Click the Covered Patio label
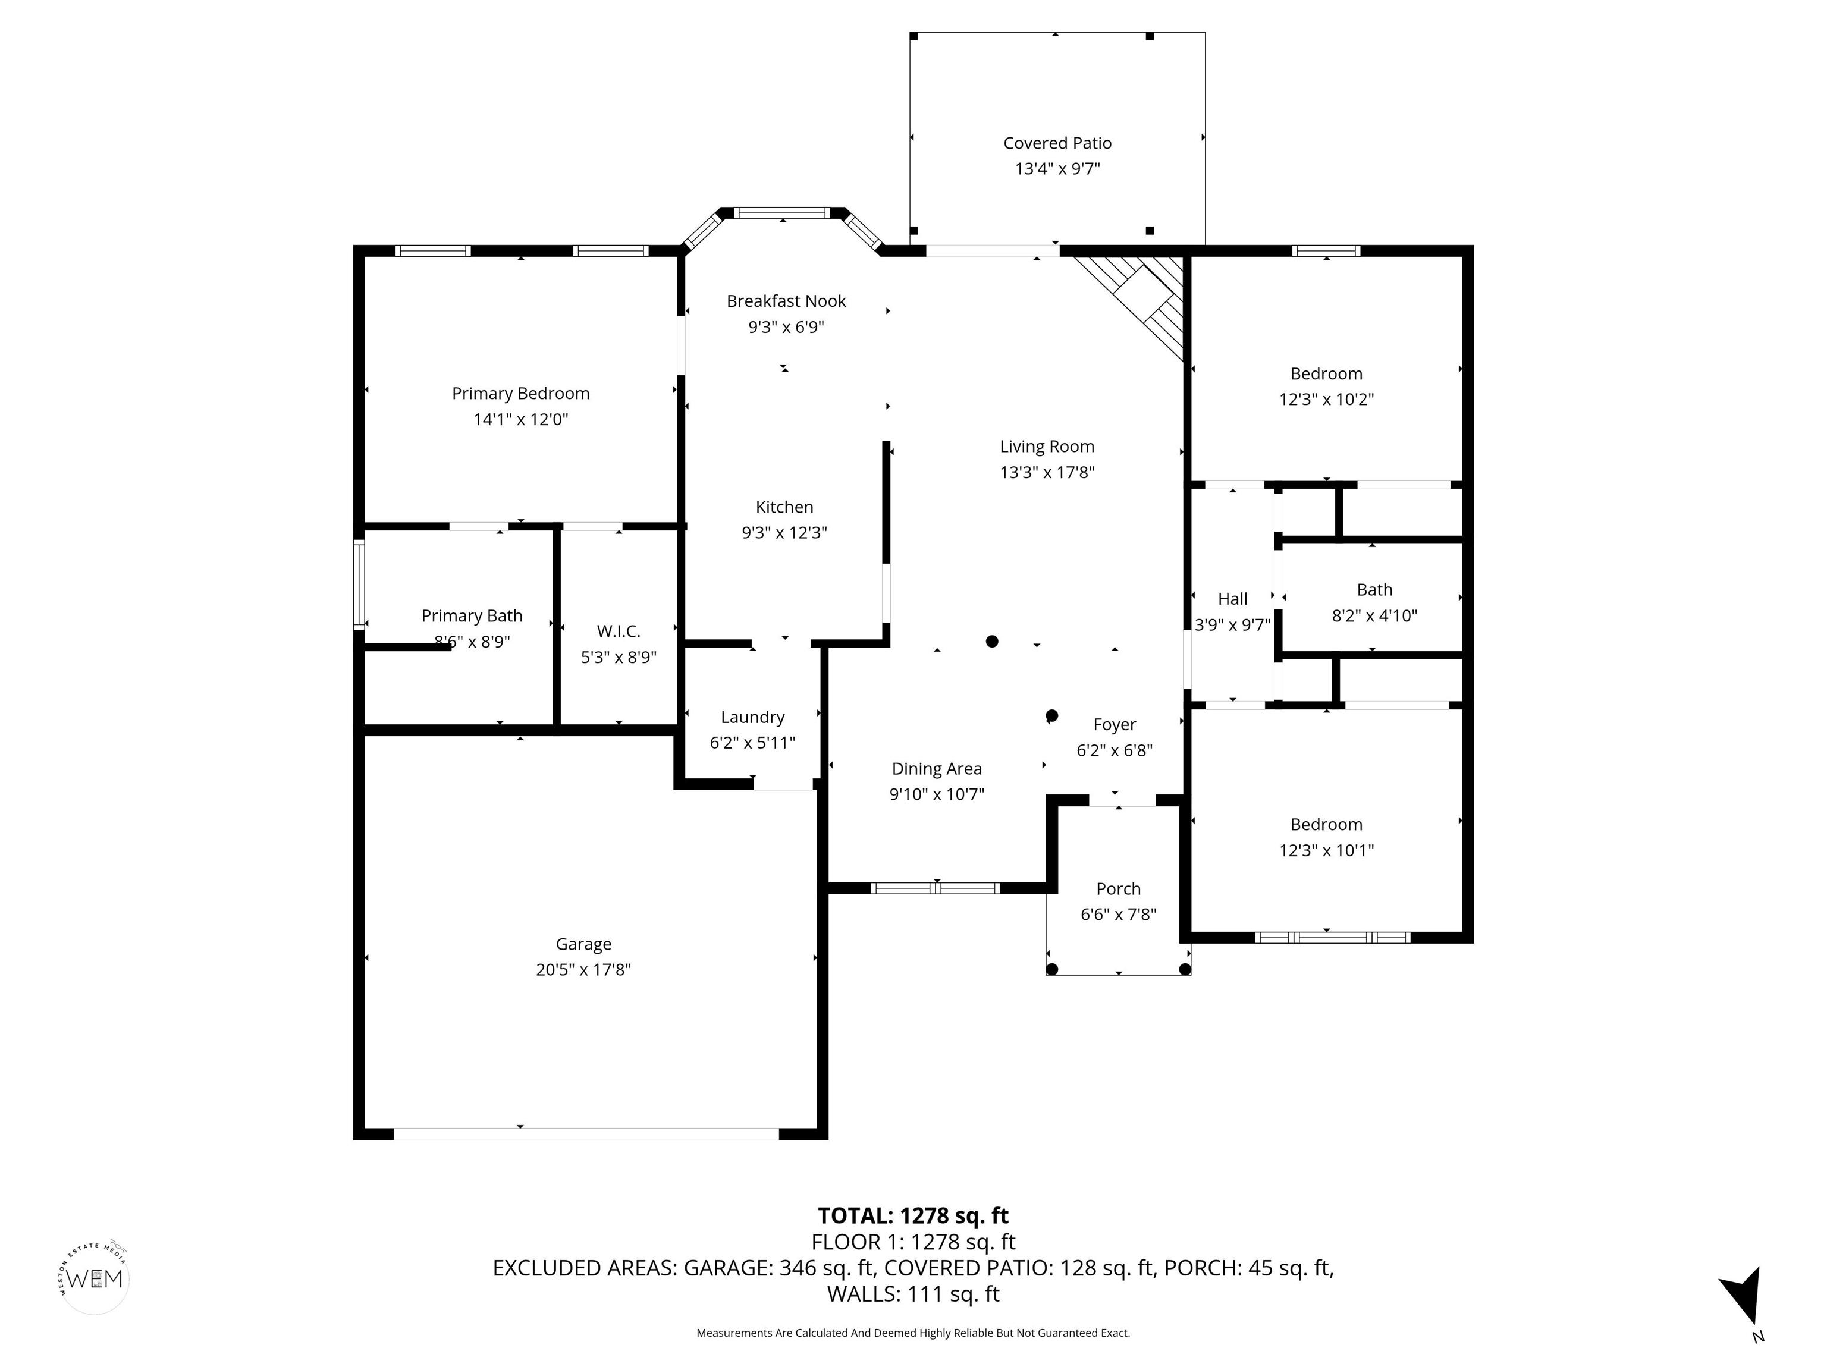(x=1057, y=143)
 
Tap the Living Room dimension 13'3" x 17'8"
(x=1047, y=472)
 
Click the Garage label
(x=583, y=944)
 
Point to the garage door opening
(x=586, y=1134)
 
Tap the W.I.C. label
(x=619, y=631)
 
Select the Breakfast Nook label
(x=786, y=301)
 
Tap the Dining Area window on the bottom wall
(x=935, y=888)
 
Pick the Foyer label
(x=1114, y=725)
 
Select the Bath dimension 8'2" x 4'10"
(x=1374, y=616)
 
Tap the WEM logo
(x=95, y=1279)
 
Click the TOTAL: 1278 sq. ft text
(x=913, y=1215)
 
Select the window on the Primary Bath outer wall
(x=359, y=584)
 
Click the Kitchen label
(x=784, y=507)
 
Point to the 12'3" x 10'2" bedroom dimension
(x=1326, y=400)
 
